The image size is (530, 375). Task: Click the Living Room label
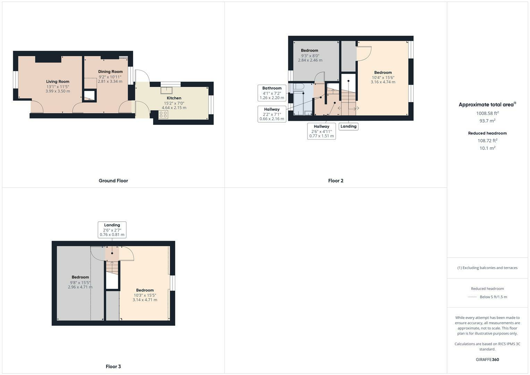[58, 82]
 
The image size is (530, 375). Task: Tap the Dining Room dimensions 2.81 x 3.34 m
[110, 82]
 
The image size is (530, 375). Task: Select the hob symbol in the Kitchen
[163, 115]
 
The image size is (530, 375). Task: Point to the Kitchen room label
[174, 98]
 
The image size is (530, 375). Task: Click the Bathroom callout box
[272, 93]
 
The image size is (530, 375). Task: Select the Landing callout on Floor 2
[348, 126]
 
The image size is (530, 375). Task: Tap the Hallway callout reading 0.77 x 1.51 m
[321, 131]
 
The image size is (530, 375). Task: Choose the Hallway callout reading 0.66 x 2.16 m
[272, 114]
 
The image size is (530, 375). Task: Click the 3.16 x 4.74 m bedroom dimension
[383, 82]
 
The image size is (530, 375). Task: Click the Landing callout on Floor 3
[112, 230]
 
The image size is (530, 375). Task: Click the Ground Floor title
[113, 181]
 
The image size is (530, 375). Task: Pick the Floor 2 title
[336, 181]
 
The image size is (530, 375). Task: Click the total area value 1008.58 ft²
[487, 113]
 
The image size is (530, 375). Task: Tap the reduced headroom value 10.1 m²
[487, 148]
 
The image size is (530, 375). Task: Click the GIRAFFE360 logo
[487, 360]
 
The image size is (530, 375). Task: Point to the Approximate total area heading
[487, 105]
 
